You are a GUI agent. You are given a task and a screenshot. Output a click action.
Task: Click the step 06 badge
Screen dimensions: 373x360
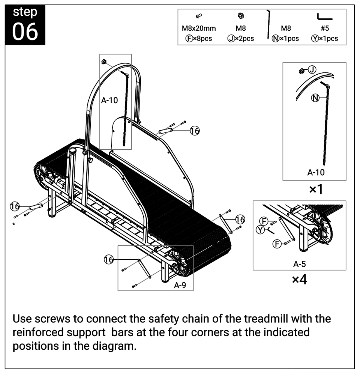click(25, 23)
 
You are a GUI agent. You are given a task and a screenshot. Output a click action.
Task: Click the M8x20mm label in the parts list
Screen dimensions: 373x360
click(199, 28)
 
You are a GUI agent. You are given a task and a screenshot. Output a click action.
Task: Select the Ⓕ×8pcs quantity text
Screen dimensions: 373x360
click(199, 38)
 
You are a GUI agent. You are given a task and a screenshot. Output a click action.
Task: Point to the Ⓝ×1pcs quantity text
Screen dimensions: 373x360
click(285, 38)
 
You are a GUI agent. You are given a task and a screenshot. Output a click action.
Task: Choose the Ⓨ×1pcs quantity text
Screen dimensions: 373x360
click(324, 38)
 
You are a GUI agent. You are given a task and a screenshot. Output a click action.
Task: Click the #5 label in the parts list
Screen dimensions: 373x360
click(324, 28)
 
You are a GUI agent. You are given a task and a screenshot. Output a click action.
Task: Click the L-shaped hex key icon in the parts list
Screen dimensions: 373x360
click(324, 17)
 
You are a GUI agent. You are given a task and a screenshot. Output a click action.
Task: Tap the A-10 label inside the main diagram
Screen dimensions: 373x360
click(109, 101)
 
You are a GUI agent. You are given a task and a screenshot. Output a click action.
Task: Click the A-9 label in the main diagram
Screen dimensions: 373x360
click(180, 285)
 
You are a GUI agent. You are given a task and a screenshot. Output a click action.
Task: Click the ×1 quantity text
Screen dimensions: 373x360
click(316, 190)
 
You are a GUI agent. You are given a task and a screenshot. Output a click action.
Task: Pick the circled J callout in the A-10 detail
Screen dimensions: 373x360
click(312, 69)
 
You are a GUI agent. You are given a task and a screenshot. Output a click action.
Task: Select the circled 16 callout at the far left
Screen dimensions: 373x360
click(15, 206)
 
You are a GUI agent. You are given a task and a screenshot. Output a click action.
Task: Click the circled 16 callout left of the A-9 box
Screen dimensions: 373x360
click(109, 260)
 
